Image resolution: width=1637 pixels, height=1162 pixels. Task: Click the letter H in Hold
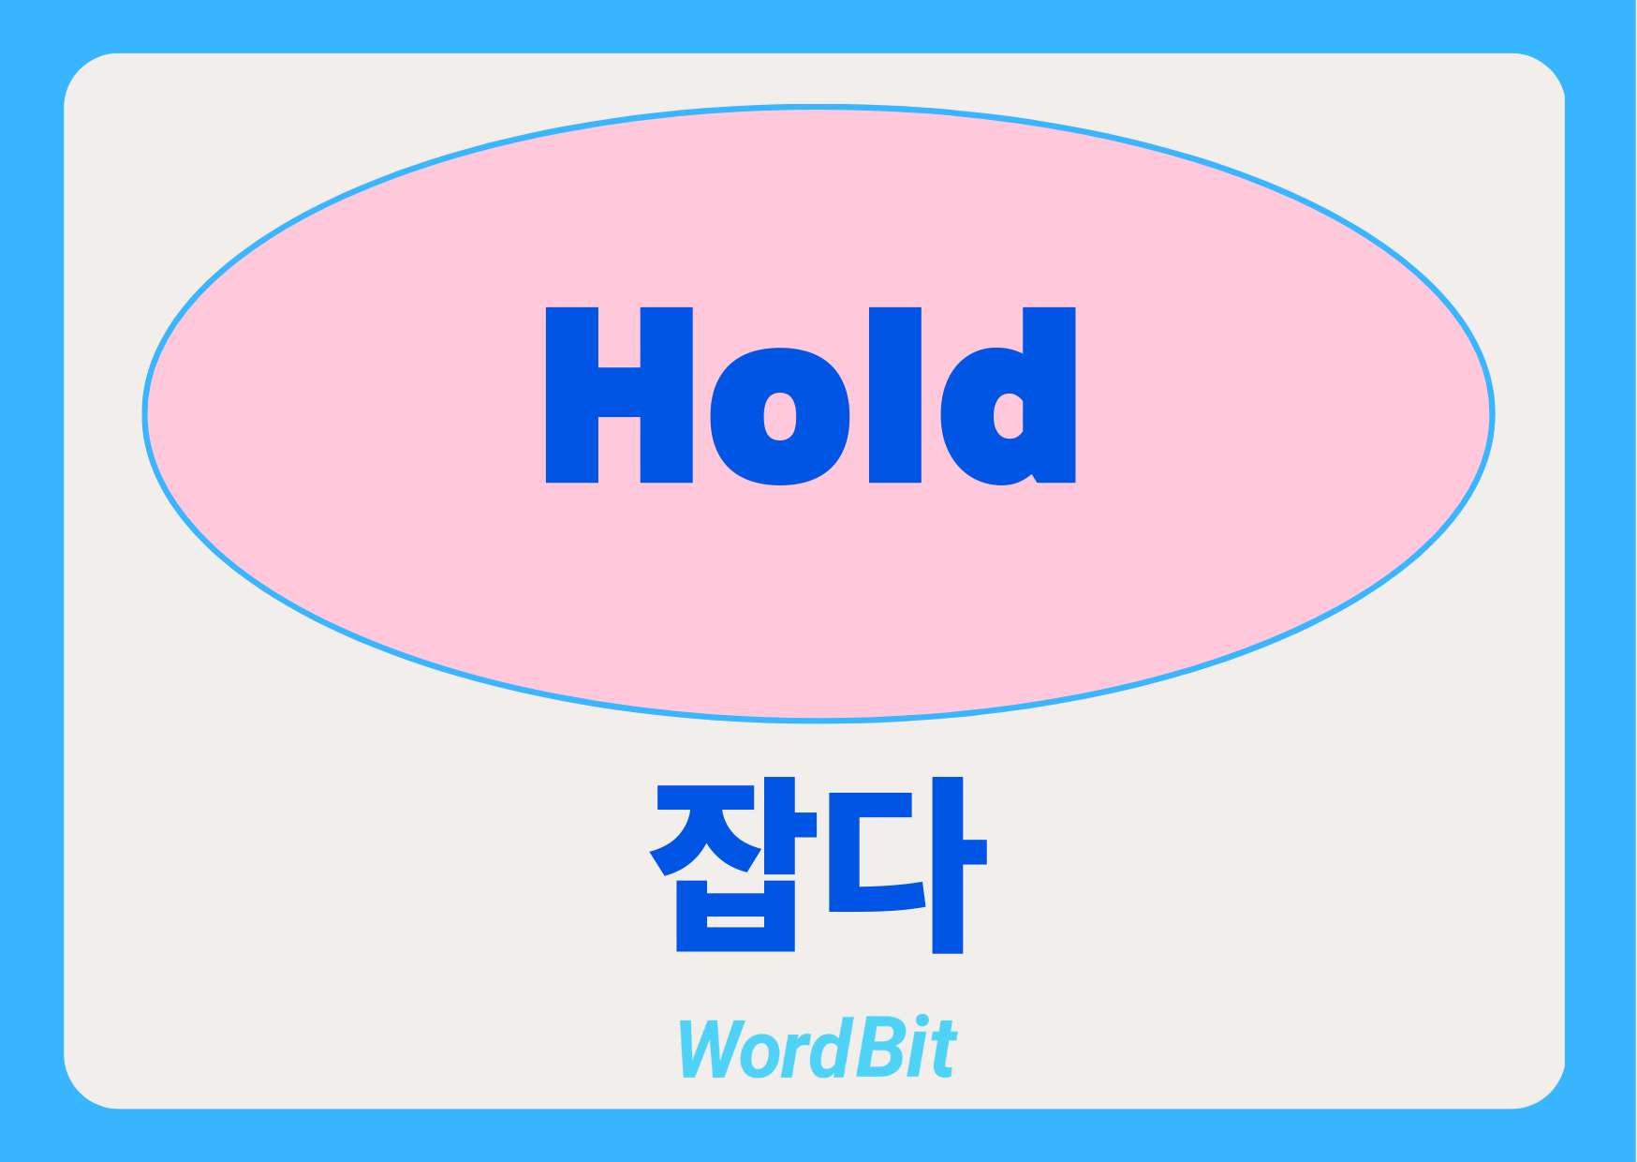(x=619, y=395)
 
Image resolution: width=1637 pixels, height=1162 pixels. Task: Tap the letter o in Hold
(x=780, y=416)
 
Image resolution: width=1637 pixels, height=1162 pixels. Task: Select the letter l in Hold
(x=895, y=395)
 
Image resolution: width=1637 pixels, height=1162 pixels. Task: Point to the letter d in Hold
(x=1008, y=395)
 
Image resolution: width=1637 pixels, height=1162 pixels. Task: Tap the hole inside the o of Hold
(x=780, y=416)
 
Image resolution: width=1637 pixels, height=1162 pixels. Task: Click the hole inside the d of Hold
(x=1009, y=416)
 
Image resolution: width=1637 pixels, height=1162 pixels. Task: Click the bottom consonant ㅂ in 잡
(x=735, y=915)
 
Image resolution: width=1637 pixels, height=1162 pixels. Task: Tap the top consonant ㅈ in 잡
(x=704, y=828)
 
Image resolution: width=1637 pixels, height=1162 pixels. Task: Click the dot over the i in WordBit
(x=922, y=1022)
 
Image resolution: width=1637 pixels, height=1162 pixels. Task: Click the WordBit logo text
(x=817, y=1048)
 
